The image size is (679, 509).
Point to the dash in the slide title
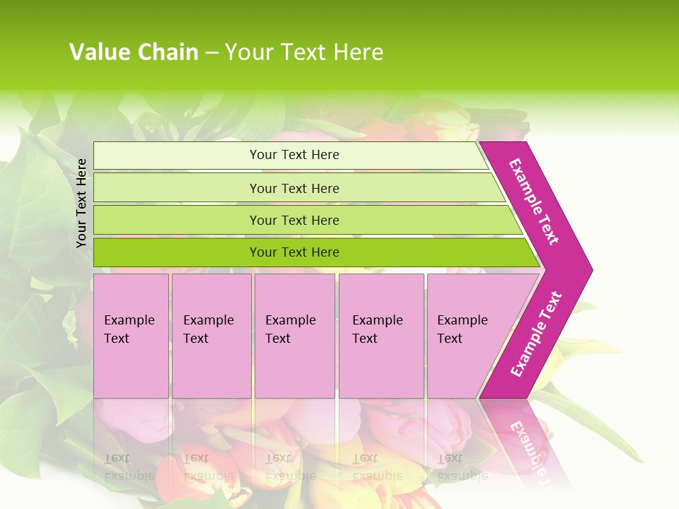[211, 53]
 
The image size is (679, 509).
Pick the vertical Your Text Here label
[81, 203]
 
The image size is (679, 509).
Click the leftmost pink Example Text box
[131, 336]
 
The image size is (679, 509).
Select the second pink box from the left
[211, 336]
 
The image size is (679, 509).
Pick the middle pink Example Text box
[294, 336]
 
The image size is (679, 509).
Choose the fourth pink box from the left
[381, 336]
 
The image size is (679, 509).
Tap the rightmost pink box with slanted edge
[470, 336]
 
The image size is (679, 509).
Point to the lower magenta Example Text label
[536, 334]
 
